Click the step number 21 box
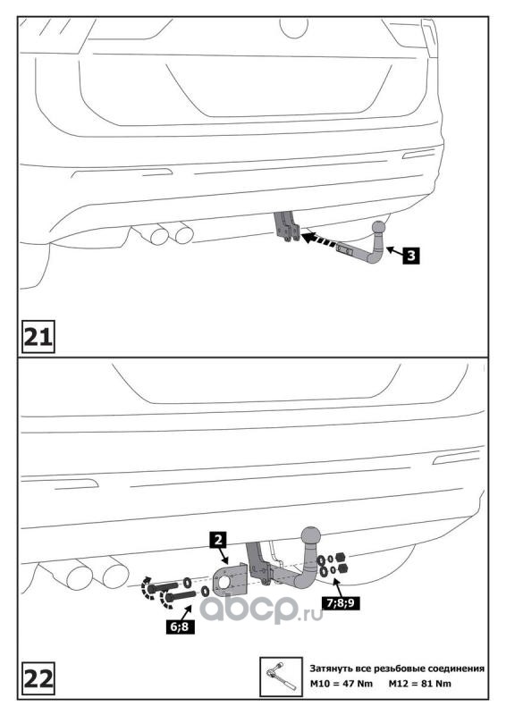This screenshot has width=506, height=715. click(38, 337)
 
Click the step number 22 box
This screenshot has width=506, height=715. click(38, 678)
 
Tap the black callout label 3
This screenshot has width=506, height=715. click(410, 255)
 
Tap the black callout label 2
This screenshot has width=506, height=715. click(218, 541)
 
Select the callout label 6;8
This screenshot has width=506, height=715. click(180, 627)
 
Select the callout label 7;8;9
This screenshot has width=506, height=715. click(341, 602)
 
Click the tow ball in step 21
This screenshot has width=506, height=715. click(379, 227)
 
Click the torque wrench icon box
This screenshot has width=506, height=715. click(281, 677)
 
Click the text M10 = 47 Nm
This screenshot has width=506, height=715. click(342, 683)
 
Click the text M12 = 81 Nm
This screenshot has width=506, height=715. click(420, 683)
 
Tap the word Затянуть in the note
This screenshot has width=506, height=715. click(332, 669)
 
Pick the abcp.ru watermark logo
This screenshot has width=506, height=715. click(261, 609)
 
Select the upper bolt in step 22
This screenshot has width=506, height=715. click(163, 587)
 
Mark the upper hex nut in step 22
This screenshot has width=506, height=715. click(340, 557)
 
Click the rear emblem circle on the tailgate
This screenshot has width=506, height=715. click(294, 28)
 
